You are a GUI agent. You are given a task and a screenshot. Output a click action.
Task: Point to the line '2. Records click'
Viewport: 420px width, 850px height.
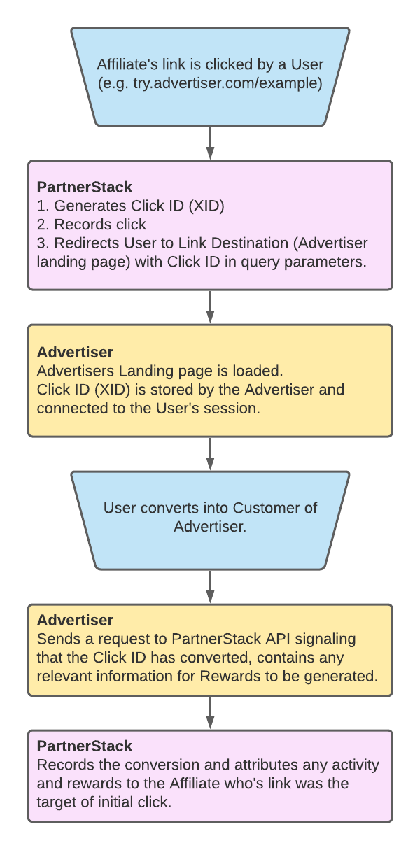pyautogui.click(x=91, y=225)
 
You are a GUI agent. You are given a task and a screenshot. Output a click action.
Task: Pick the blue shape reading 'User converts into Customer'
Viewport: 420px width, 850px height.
pyautogui.click(x=210, y=518)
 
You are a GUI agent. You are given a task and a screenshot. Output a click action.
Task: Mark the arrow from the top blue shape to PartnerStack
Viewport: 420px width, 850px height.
pyautogui.click(x=210, y=143)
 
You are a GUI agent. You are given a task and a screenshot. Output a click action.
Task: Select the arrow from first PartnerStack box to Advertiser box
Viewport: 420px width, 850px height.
pyautogui.click(x=210, y=306)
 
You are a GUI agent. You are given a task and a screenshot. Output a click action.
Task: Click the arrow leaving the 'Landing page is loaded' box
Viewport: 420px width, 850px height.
pyautogui.click(x=210, y=453)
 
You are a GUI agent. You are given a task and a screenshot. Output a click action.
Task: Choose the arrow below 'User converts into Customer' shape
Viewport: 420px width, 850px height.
pyautogui.click(x=210, y=586)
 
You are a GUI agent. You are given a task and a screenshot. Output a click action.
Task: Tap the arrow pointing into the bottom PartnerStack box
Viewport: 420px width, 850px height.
pyautogui.click(x=210, y=712)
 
